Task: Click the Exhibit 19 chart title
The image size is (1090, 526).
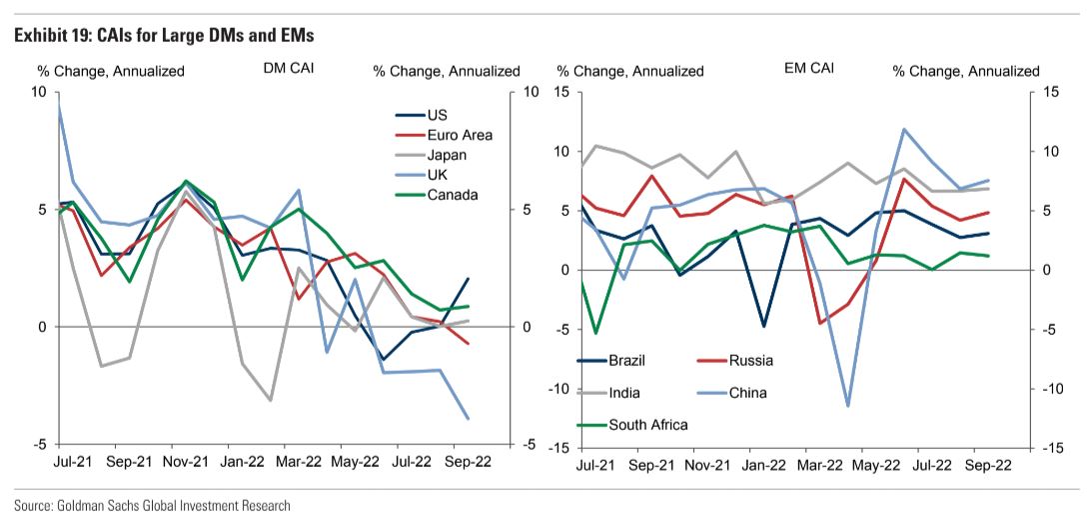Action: click(x=164, y=36)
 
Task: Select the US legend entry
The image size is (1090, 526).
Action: click(x=437, y=115)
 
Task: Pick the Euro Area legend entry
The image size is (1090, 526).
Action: click(x=460, y=135)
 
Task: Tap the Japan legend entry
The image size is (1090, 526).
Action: click(x=447, y=155)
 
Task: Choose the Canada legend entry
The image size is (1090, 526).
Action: click(x=452, y=195)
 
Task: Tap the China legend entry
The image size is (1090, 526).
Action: click(x=747, y=393)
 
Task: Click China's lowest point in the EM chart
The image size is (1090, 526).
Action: click(x=847, y=406)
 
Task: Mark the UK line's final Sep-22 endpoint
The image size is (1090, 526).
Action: click(x=468, y=418)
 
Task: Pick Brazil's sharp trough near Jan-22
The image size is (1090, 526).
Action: click(x=763, y=326)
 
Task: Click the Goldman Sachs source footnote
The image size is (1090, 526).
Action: click(x=152, y=506)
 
